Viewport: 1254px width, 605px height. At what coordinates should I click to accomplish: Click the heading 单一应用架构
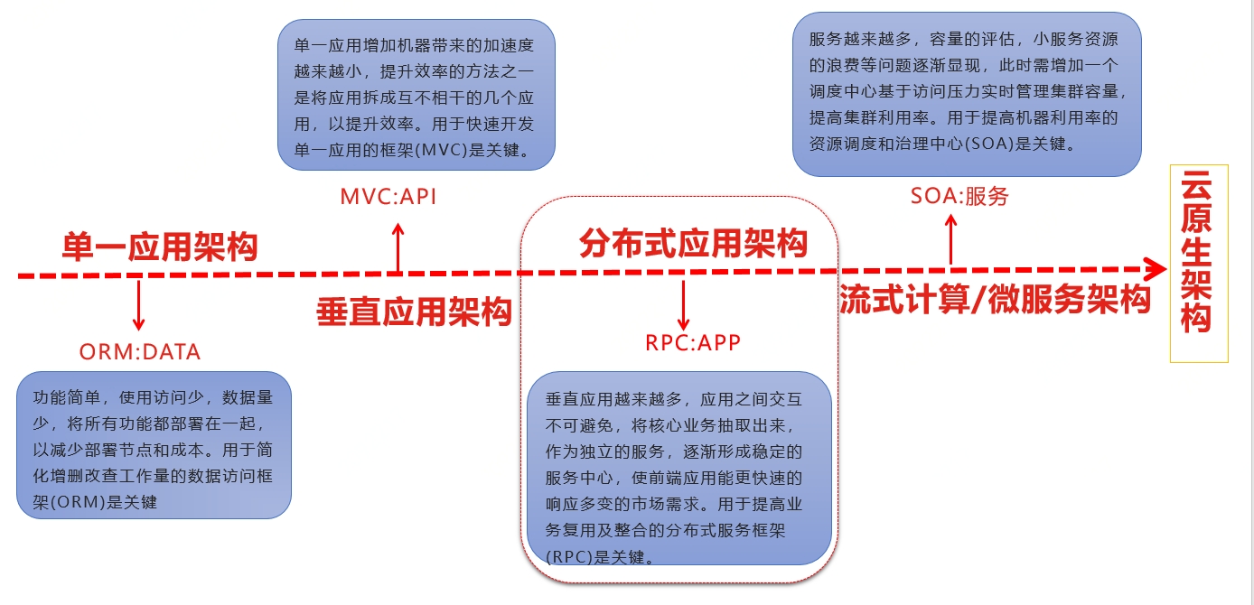pos(160,247)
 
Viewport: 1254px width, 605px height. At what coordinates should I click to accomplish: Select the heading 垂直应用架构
pos(414,312)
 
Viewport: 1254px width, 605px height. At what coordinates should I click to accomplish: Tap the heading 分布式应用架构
pos(693,243)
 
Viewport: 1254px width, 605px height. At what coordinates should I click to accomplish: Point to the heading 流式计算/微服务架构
pos(995,300)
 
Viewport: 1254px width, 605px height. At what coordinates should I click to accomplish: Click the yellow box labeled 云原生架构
pos(1198,263)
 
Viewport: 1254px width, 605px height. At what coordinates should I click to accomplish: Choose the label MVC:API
pos(388,197)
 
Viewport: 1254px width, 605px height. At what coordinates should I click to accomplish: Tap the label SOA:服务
pos(959,196)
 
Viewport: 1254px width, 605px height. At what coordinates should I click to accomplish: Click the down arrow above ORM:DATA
pos(138,305)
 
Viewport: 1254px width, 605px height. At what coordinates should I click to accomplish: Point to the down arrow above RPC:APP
pos(683,305)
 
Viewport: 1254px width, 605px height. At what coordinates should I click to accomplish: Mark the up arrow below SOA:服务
pos(950,239)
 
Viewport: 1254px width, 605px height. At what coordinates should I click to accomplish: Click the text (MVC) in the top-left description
pos(436,150)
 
